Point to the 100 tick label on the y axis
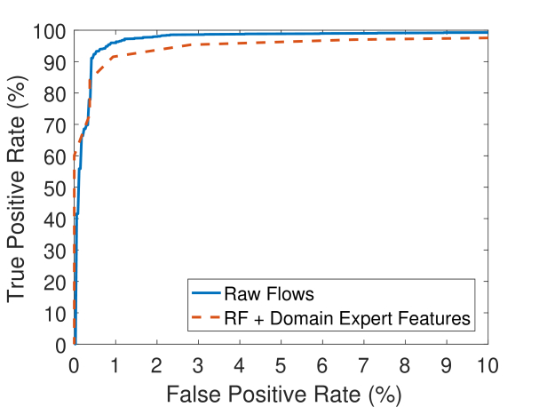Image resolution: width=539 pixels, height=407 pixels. point(49,32)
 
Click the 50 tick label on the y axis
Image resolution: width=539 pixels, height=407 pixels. point(54,188)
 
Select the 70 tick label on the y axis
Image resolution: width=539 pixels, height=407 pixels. point(54,125)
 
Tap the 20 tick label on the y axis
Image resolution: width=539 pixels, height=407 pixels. point(54,283)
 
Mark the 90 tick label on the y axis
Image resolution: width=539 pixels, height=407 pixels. point(54,63)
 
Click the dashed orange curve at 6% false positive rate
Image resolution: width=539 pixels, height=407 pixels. point(322,41)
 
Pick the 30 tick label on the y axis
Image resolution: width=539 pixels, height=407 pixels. point(54,251)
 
